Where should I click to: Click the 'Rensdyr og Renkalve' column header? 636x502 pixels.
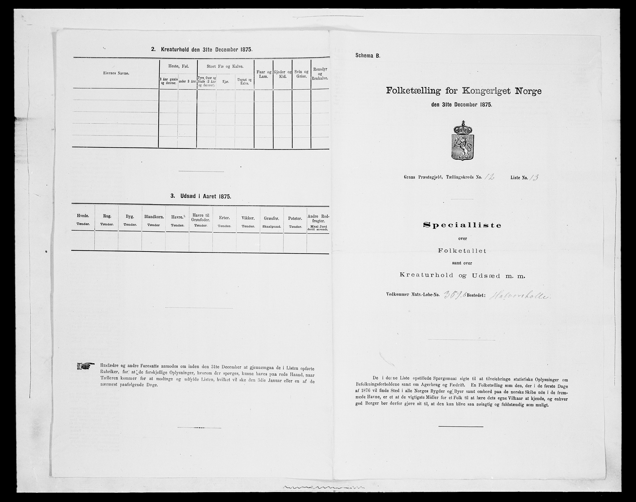(321, 74)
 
